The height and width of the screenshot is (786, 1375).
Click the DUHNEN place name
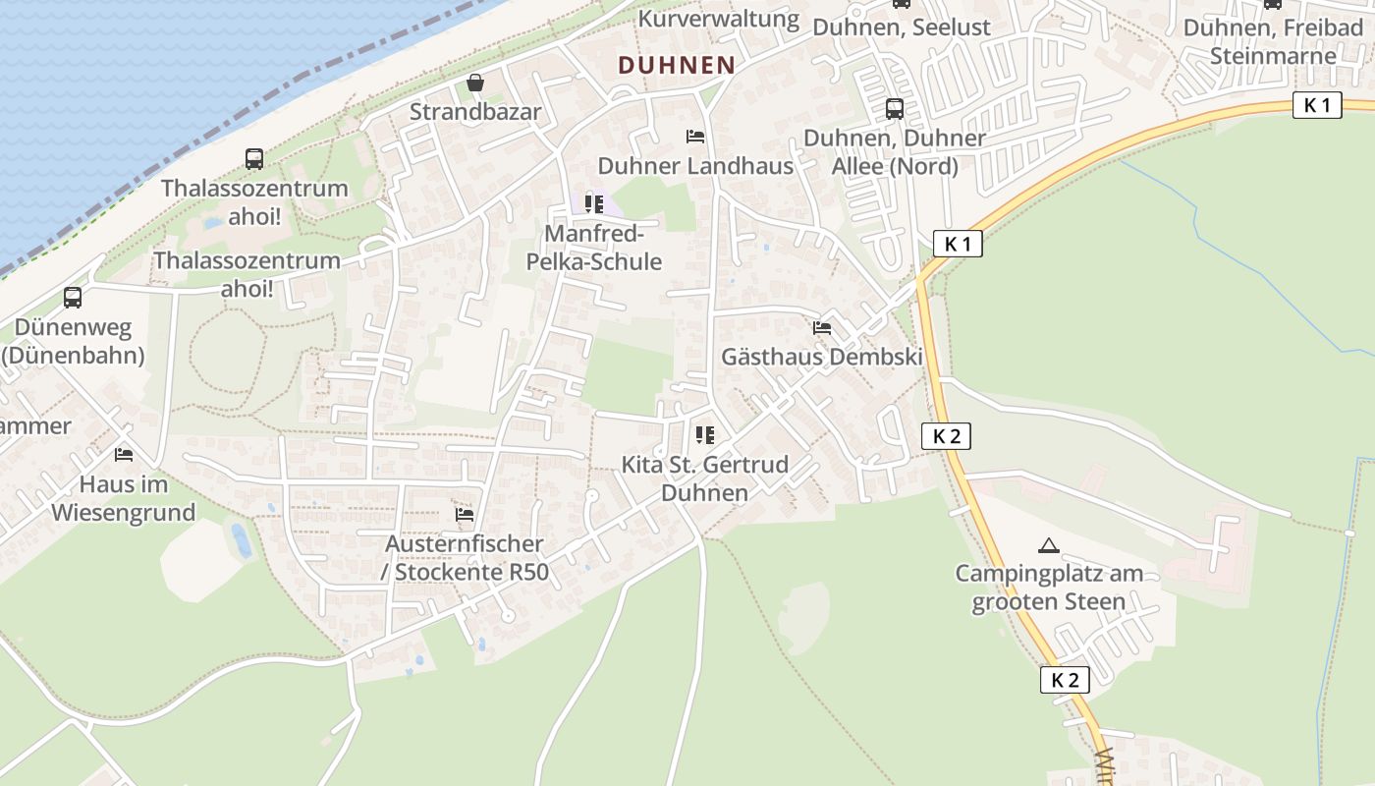(676, 66)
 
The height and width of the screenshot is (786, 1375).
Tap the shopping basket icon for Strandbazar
(475, 83)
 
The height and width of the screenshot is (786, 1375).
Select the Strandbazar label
(475, 112)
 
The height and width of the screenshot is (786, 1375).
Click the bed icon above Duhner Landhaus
(695, 136)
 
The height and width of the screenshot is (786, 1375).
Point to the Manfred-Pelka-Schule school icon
(594, 204)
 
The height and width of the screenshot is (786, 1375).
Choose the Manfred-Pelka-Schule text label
(594, 249)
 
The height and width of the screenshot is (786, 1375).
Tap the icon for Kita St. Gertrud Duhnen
(705, 433)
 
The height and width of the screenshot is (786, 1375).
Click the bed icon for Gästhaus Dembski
(822, 327)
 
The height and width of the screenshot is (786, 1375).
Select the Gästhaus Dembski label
(822, 357)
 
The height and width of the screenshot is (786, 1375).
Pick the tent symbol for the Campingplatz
(1048, 545)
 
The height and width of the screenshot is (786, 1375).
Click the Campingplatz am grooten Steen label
(1048, 588)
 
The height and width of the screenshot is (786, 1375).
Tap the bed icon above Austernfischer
(465, 514)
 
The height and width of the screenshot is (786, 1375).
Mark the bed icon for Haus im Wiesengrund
(124, 454)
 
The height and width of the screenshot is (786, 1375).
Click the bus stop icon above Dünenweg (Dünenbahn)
(73, 297)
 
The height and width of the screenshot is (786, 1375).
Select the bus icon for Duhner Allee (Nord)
(894, 109)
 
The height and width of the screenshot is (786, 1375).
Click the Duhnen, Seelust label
(902, 28)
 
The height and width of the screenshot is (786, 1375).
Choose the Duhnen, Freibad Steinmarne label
(1273, 41)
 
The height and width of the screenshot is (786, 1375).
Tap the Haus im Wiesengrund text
(124, 498)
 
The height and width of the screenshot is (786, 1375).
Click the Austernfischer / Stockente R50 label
(465, 558)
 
